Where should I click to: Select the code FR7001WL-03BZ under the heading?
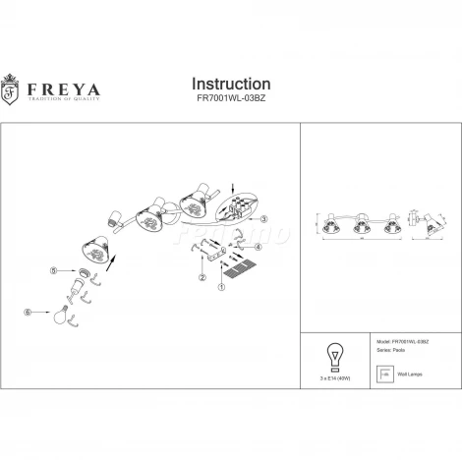click(x=231, y=100)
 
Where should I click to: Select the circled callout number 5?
click(x=55, y=269)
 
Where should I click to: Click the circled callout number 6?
click(x=29, y=313)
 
